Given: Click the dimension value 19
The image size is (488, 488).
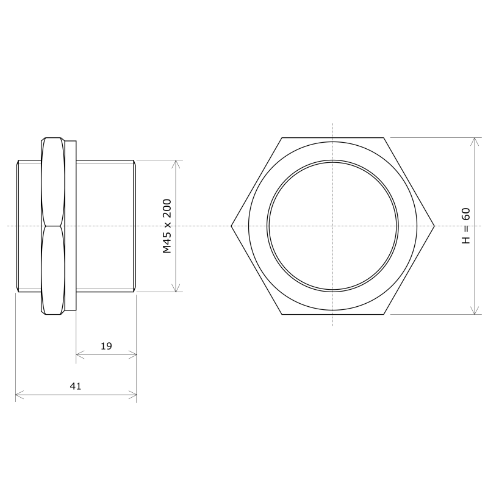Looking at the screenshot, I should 106,346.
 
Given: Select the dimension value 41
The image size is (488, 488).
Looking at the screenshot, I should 76,386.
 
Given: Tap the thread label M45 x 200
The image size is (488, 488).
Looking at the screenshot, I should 167,226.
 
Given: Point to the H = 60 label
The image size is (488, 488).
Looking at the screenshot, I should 466,226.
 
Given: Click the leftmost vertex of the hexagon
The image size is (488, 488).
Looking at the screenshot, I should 231,226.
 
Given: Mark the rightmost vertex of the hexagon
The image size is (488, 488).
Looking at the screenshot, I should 435,226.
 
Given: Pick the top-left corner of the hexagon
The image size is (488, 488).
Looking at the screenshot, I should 282,138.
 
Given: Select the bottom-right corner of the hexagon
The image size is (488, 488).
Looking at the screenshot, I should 384,314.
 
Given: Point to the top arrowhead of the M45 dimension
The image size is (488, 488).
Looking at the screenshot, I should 177,163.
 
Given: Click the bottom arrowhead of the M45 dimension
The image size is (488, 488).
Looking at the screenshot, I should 177,289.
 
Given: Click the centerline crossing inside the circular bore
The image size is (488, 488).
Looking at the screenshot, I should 333,226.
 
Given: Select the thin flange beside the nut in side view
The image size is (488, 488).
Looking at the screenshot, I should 70,226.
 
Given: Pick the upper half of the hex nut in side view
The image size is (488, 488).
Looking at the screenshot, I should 52,183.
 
